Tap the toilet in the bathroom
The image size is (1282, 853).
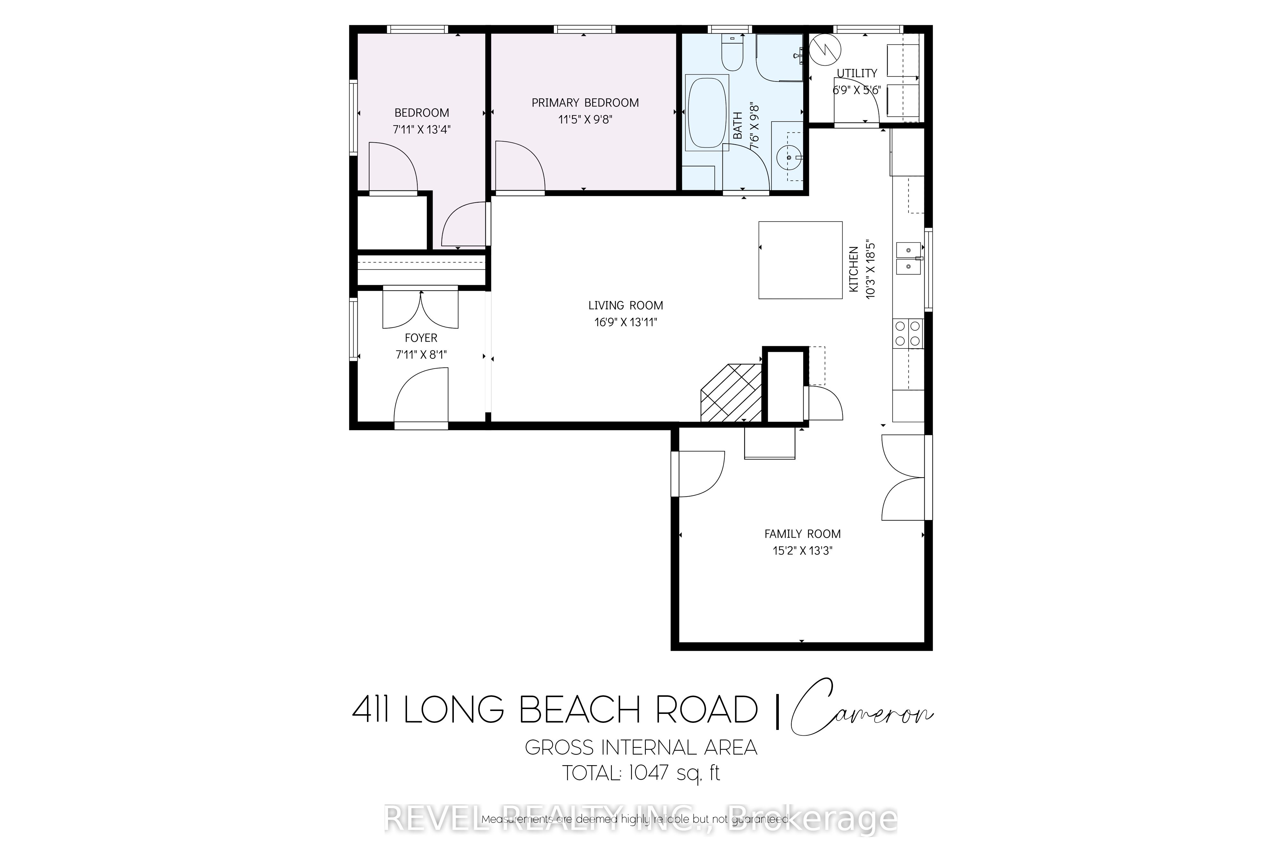pos(732,54)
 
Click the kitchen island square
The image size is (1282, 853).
pos(800,260)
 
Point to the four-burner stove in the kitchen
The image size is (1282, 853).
pos(908,333)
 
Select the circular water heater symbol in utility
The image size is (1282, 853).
pos(825,49)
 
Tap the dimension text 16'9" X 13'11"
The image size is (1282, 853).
pos(626,322)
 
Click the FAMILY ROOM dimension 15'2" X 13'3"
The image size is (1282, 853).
pos(802,550)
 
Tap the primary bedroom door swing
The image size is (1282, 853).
pos(520,166)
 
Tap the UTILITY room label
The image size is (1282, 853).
pos(857,73)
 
